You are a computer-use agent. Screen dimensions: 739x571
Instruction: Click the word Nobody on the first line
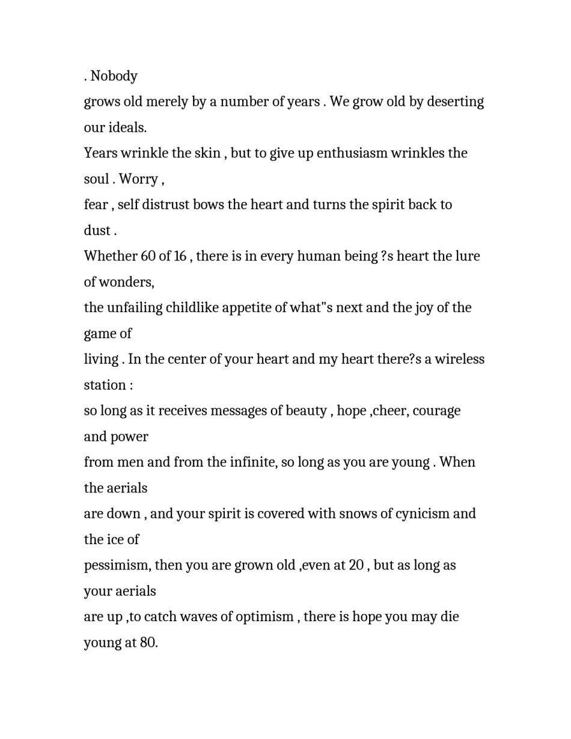tap(114, 76)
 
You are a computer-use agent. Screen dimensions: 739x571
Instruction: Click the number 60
tap(148, 256)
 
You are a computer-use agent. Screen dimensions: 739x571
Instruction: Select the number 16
tap(180, 256)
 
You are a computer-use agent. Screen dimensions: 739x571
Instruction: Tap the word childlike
tap(192, 308)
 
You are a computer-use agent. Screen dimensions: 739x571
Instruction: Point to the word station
tap(105, 385)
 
